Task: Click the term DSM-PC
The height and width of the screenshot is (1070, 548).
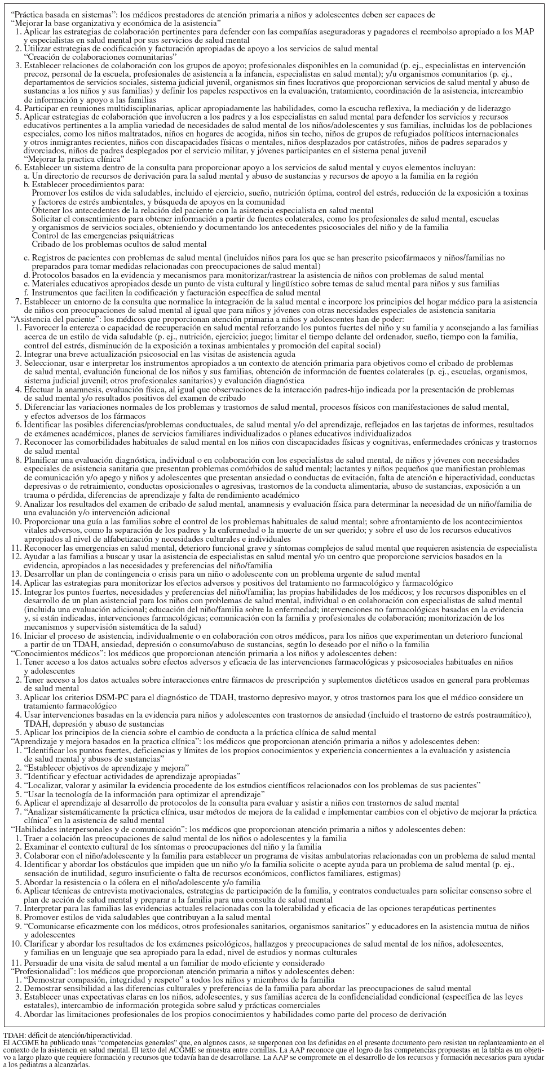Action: tap(144, 697)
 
